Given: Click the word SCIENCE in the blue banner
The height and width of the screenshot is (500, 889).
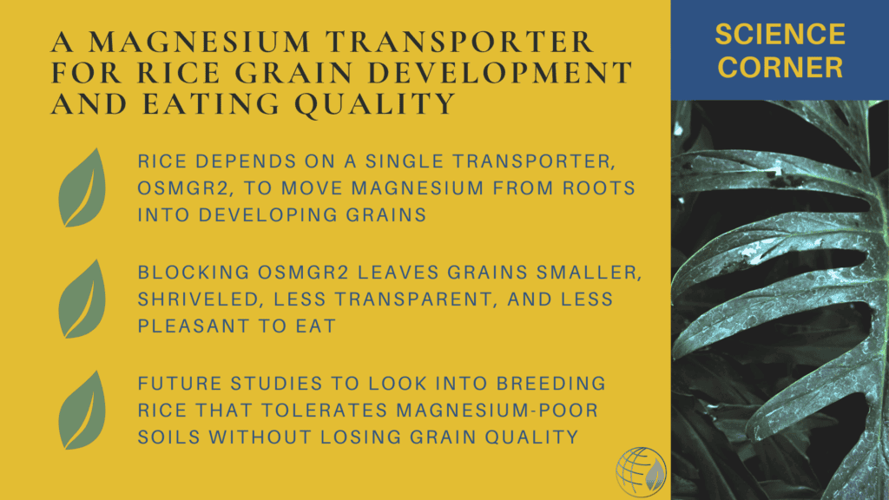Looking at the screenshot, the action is coord(780,35).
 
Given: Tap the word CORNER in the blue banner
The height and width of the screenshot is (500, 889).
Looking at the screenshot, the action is coord(780,68).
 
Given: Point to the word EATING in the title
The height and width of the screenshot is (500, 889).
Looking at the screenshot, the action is coord(212,104).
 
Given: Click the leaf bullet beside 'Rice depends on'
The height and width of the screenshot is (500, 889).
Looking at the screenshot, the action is coord(82,188).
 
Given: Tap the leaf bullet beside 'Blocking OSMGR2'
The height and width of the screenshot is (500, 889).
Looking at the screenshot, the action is coord(82,299).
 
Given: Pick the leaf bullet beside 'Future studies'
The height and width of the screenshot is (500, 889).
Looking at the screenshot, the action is coord(82,411).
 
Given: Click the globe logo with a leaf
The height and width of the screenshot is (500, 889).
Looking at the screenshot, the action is coord(642,472).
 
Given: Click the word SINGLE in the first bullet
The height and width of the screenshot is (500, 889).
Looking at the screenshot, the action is coord(405,161).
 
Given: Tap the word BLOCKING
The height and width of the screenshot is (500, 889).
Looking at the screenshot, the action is coord(194,273).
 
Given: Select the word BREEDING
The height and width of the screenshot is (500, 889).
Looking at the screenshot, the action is coord(551,384).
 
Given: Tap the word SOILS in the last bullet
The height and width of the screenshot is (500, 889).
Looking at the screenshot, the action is coord(169,437).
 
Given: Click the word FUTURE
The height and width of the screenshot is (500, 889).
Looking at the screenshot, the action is coord(179,384).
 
